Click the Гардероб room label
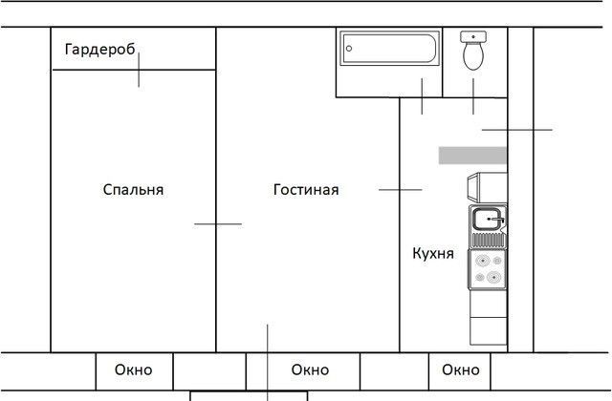99,50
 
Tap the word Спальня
133,190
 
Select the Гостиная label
306,190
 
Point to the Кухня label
433,254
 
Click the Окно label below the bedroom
134,369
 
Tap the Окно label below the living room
310,369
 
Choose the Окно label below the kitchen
461,369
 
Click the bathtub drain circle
349,49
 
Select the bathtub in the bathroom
390,49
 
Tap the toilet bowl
473,55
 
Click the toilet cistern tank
473,36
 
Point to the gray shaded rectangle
472,156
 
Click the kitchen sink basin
487,219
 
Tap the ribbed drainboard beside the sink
488,240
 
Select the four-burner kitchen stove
488,269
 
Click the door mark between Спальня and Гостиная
218,224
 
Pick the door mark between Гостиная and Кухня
400,190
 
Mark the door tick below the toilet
473,96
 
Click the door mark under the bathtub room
422,96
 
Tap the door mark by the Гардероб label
139,70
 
